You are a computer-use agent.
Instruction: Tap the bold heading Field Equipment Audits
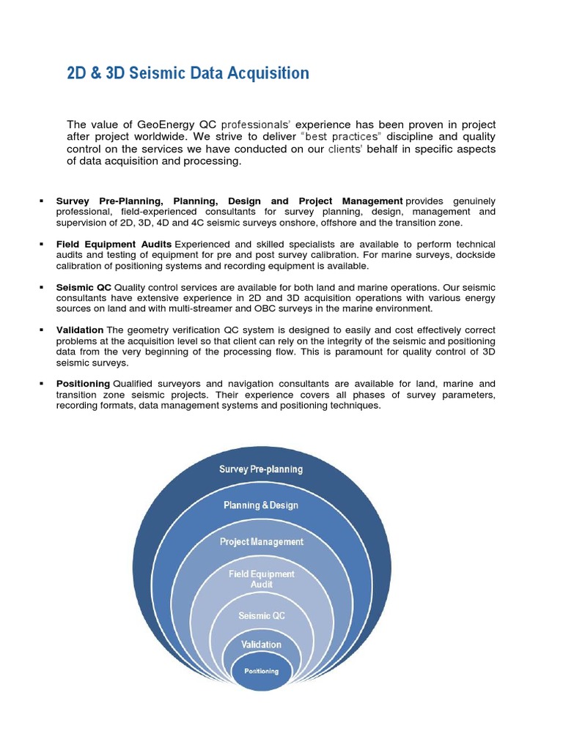[114, 244]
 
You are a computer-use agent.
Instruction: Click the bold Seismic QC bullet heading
[84, 287]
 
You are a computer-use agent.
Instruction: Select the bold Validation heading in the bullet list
[79, 330]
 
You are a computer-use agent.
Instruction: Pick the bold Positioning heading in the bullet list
[83, 384]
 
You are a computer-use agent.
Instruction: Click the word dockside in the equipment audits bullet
[475, 255]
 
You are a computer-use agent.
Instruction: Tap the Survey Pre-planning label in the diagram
[261, 469]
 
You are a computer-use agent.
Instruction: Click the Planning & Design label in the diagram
[261, 505]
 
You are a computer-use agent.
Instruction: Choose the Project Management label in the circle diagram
[261, 542]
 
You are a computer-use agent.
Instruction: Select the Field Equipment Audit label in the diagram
[261, 579]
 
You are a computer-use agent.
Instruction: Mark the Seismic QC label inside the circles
[261, 616]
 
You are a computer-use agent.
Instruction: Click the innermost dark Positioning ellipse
[261, 672]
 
